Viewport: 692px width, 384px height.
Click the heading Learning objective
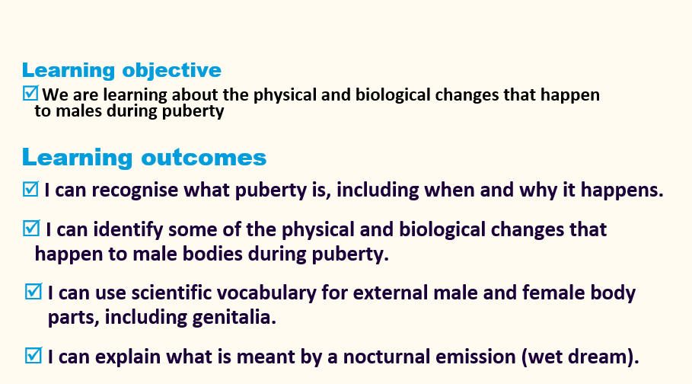click(121, 70)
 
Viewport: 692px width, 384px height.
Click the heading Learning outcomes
click(145, 157)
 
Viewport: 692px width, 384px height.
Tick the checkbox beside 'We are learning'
click(30, 93)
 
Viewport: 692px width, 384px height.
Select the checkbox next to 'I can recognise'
click(30, 189)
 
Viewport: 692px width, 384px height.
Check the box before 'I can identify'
click(31, 228)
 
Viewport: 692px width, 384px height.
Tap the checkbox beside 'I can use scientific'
click(33, 292)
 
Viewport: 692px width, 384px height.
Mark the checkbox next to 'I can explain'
click(33, 356)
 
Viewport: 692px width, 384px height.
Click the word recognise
click(135, 190)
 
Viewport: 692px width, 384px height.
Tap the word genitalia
click(234, 318)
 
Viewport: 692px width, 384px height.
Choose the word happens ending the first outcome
click(622, 190)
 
